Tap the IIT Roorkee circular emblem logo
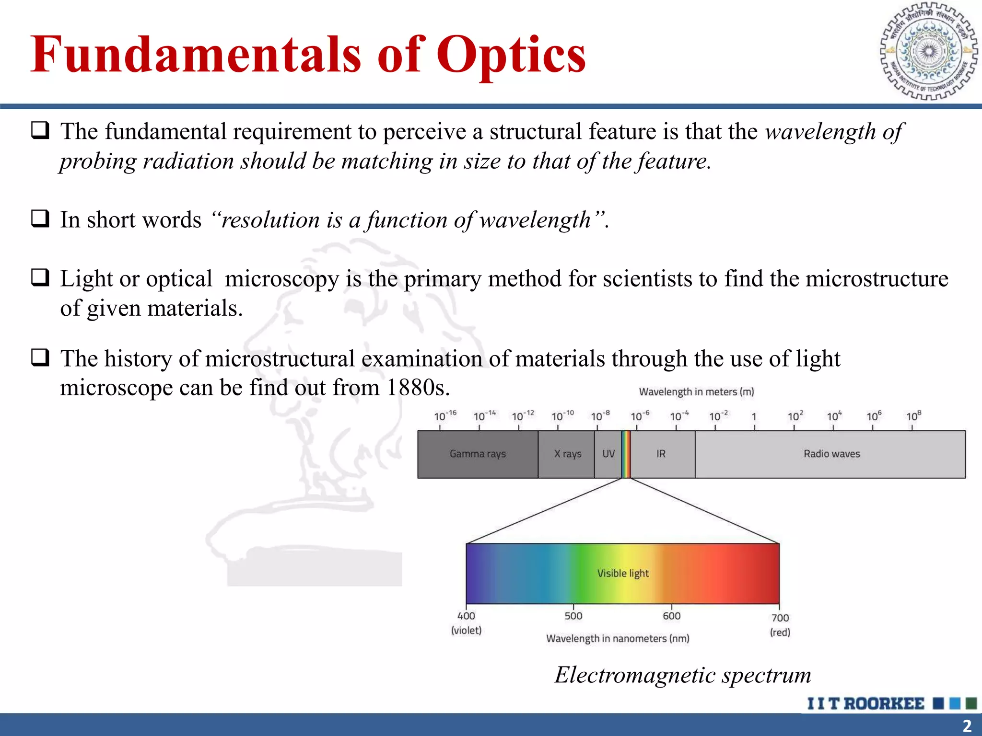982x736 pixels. tap(929, 51)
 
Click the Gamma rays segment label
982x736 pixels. tap(478, 454)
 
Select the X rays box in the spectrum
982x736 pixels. tap(567, 454)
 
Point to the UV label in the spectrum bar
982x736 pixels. tap(608, 454)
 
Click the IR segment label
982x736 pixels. tap(661, 454)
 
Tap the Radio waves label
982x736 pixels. tap(831, 454)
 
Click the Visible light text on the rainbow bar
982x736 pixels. tap(622, 574)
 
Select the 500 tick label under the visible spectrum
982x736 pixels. tap(573, 616)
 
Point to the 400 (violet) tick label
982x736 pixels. tap(466, 622)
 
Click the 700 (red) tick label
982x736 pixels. tap(780, 624)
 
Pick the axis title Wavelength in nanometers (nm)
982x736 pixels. tap(618, 639)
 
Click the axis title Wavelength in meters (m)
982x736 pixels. tap(696, 392)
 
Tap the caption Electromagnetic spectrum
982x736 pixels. tap(683, 675)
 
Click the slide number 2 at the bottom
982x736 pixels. tap(967, 725)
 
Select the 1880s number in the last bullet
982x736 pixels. tap(417, 388)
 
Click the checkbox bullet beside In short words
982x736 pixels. tap(40, 218)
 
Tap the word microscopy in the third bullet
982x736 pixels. tap(281, 279)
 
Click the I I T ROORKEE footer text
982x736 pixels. tap(865, 703)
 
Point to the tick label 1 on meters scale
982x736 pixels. tap(754, 417)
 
